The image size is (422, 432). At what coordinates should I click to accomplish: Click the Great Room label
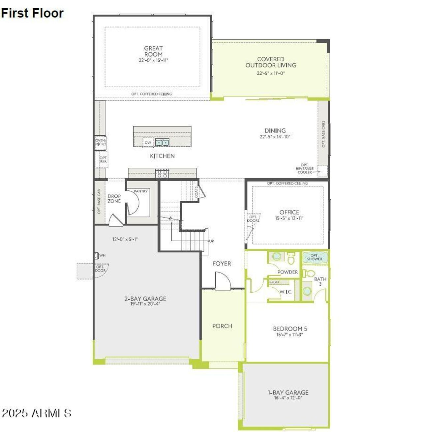(153, 51)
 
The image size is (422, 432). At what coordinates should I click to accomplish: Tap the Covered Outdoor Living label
(271, 62)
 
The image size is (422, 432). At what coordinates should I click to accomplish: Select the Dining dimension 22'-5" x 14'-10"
(275, 137)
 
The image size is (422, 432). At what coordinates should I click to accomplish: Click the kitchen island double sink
(162, 143)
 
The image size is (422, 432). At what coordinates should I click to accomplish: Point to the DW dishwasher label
(148, 143)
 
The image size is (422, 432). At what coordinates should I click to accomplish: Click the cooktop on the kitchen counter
(162, 173)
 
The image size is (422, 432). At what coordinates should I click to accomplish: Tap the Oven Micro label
(100, 142)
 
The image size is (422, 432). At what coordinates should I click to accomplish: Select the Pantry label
(141, 191)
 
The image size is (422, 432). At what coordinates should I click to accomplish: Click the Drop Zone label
(114, 198)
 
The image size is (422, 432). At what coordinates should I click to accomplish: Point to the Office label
(289, 212)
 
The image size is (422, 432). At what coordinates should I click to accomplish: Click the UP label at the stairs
(211, 241)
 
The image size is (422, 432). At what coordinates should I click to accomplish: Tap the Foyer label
(222, 264)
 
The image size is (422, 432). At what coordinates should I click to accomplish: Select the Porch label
(222, 326)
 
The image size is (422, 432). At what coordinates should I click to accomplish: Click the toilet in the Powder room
(291, 259)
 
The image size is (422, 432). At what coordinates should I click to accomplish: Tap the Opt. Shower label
(315, 257)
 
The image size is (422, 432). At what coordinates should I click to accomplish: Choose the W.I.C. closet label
(286, 292)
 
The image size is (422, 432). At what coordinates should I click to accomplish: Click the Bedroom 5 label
(290, 329)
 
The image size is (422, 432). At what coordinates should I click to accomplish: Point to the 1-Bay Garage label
(288, 392)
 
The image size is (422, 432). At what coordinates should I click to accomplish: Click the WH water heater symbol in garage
(97, 255)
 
